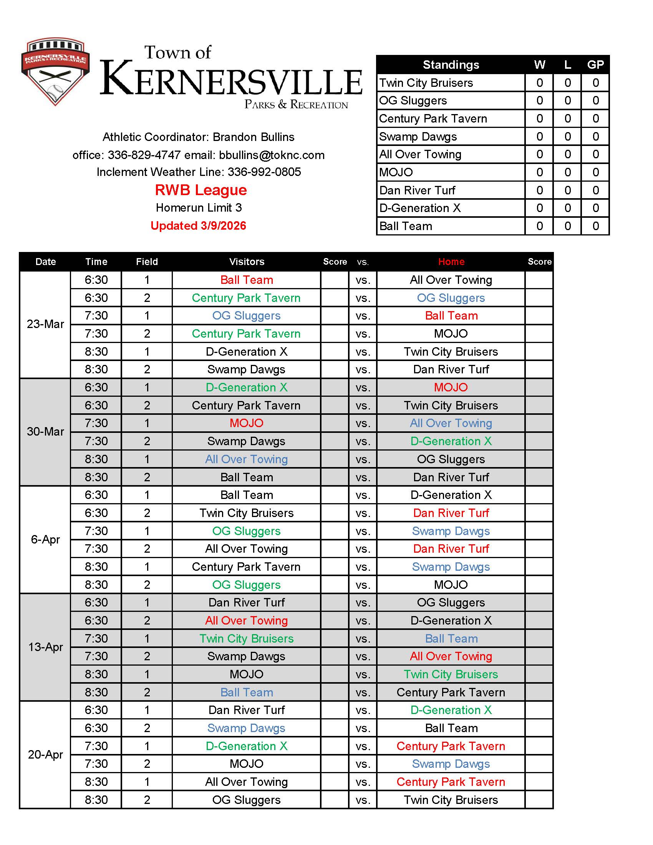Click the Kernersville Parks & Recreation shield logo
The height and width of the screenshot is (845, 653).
click(55, 71)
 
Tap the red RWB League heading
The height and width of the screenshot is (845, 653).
click(201, 190)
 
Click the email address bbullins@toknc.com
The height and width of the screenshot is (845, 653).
click(272, 155)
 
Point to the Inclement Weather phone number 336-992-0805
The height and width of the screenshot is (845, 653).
click(264, 172)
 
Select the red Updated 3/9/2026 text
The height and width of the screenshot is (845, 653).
click(198, 225)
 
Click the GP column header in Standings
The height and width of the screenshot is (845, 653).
click(595, 65)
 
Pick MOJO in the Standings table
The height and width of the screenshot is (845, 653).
click(396, 172)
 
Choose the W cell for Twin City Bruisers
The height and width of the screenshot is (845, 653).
click(539, 83)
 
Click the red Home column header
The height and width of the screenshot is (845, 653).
click(451, 262)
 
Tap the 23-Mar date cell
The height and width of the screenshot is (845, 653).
click(45, 324)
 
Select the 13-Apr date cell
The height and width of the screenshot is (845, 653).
click(45, 647)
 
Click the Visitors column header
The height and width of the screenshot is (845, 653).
click(247, 262)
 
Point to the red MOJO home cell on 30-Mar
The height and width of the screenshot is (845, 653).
click(451, 387)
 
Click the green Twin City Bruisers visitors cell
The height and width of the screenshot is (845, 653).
click(247, 638)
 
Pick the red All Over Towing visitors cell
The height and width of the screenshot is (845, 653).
click(247, 621)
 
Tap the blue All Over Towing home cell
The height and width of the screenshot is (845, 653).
click(451, 423)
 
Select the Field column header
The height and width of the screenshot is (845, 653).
click(147, 262)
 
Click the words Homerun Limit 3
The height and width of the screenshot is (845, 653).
click(199, 208)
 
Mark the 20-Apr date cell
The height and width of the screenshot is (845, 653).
click(45, 754)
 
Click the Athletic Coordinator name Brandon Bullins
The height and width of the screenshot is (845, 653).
click(254, 137)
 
